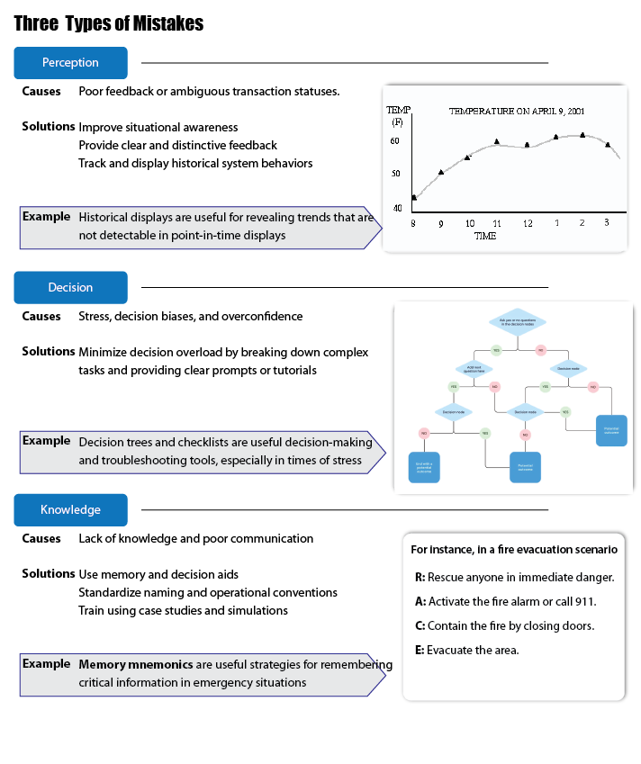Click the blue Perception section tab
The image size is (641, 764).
tap(70, 63)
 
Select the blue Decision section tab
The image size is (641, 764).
tap(70, 287)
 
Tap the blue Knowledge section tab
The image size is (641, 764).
tap(70, 509)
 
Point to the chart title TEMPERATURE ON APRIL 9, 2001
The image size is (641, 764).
tap(517, 112)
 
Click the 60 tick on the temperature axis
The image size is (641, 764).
tap(395, 141)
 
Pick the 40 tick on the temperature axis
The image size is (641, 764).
tap(396, 208)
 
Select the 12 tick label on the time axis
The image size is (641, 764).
tap(527, 223)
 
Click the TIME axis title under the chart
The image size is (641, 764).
tap(485, 236)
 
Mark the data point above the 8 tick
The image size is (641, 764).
tap(413, 197)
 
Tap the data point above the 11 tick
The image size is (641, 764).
tap(496, 141)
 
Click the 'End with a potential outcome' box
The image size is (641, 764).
tap(424, 467)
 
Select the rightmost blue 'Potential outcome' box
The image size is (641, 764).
tap(611, 429)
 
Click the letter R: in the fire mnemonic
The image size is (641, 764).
tap(420, 577)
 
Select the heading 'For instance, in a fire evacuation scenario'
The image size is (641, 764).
tap(513, 549)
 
